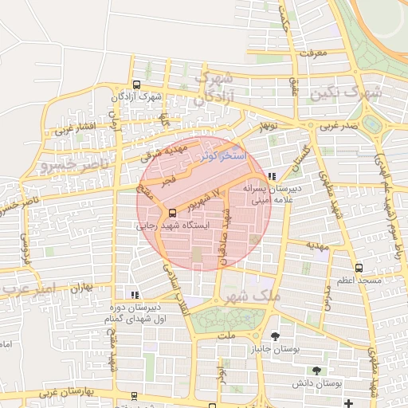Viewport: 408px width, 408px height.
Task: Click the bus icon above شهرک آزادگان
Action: coord(137,84)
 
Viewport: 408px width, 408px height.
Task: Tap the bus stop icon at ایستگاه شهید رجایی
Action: coord(172,212)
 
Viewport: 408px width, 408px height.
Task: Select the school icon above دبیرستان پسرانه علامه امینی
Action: coord(273,176)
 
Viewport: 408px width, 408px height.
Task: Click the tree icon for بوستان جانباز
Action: coord(275,335)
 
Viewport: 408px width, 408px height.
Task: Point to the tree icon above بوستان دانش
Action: coord(317,371)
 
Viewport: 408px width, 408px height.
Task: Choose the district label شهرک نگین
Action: coord(349,93)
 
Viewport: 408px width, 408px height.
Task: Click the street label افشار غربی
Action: coord(76,127)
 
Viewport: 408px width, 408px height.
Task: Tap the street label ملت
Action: coord(227,335)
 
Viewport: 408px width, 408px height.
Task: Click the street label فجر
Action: coord(169,182)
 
